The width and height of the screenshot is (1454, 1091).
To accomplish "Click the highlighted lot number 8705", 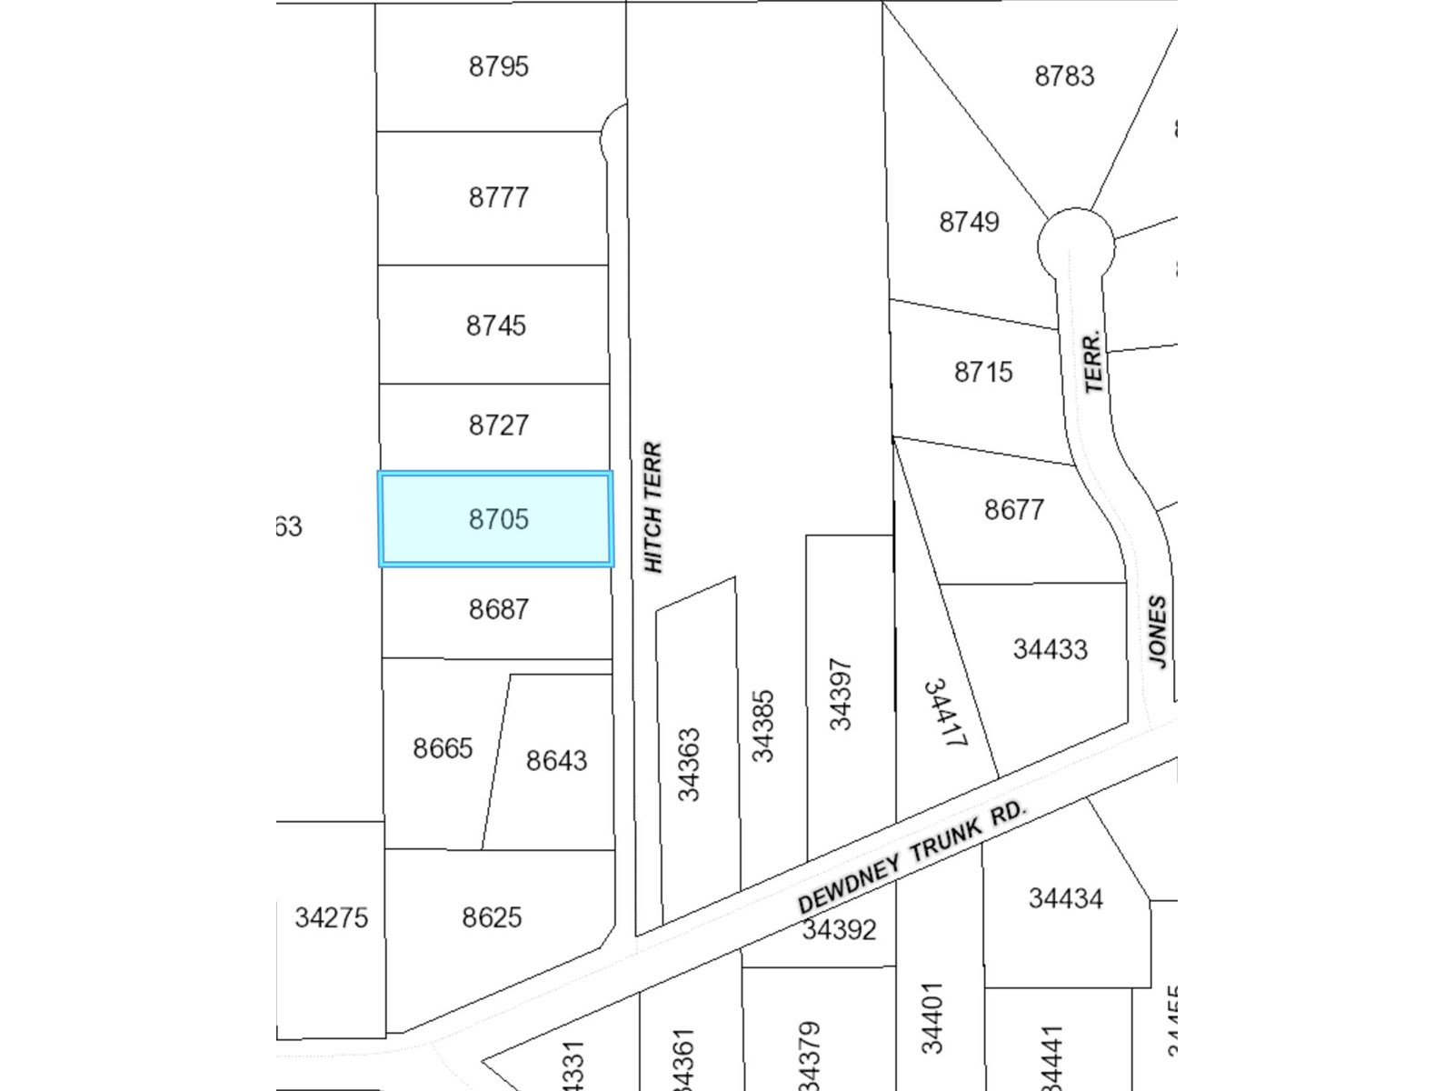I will click(x=498, y=519).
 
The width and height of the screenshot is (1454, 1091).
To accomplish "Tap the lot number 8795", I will click(x=498, y=66).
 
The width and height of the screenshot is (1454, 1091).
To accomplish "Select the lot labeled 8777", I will click(x=498, y=197).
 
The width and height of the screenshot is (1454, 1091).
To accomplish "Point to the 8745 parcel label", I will click(x=495, y=325).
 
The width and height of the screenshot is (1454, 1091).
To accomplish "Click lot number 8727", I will click(x=498, y=425).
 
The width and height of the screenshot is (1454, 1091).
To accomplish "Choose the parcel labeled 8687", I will click(x=498, y=609).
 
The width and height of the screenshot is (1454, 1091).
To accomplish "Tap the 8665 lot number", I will click(x=443, y=748).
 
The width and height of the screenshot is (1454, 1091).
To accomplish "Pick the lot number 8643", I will click(x=556, y=760).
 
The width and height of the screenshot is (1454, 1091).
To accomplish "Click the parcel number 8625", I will click(x=492, y=917).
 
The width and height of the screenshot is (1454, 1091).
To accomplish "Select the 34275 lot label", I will click(x=331, y=917).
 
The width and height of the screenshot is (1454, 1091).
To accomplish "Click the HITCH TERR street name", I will click(x=653, y=507).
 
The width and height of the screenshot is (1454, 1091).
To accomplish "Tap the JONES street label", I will click(x=1157, y=632).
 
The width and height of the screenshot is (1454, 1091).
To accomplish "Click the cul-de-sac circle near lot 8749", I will click(x=1076, y=244).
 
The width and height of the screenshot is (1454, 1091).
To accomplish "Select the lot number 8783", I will click(x=1064, y=75).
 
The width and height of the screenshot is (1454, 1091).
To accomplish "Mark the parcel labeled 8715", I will click(x=982, y=372).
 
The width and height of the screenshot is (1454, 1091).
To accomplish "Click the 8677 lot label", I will click(x=1013, y=509).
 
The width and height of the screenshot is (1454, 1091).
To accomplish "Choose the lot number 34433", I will click(x=1050, y=649).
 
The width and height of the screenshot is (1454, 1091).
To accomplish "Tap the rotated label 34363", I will click(x=690, y=765).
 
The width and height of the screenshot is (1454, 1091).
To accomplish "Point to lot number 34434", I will click(x=1065, y=898).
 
